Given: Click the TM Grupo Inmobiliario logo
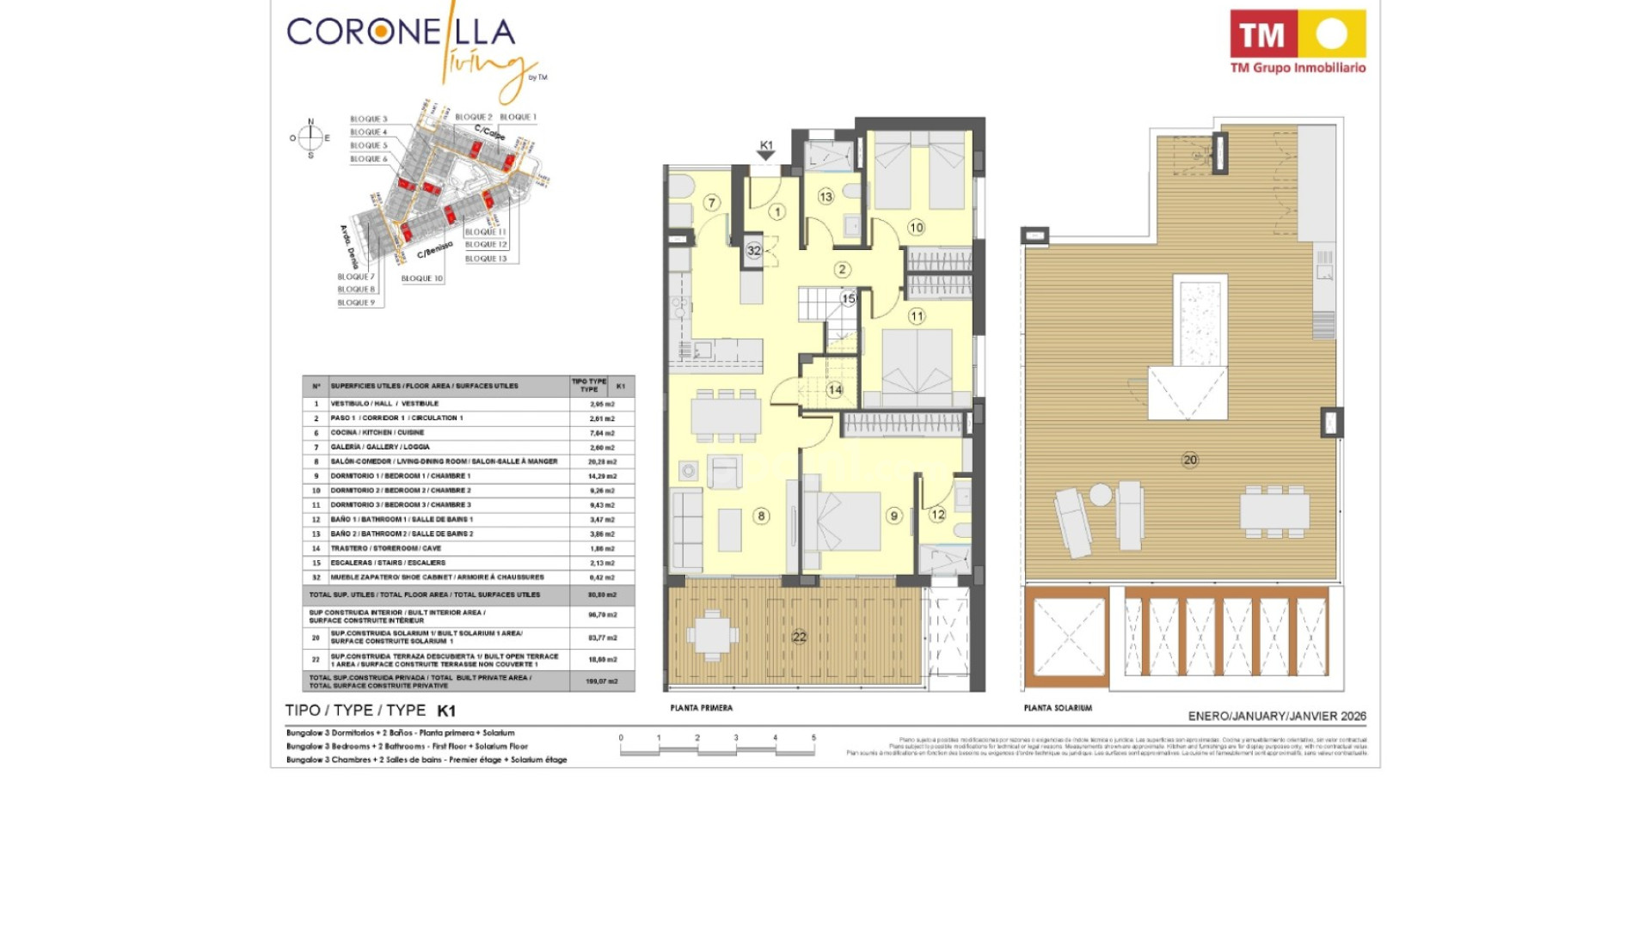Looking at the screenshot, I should click(1298, 41).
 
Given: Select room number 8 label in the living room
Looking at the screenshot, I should click(761, 516).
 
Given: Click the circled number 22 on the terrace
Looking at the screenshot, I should click(799, 637).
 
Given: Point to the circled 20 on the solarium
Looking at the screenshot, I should click(1190, 460).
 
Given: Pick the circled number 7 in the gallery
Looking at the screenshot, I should click(711, 203).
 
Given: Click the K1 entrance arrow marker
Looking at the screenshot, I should click(766, 151).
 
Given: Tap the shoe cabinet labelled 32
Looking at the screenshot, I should click(754, 251).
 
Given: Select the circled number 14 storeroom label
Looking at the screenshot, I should click(835, 389).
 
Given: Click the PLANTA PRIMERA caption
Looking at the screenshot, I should click(702, 708).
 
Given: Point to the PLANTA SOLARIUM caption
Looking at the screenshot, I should click(1058, 708).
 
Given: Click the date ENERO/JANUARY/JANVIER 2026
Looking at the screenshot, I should click(1277, 716).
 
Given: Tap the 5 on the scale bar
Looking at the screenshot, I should click(813, 738).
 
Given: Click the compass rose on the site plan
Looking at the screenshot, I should click(311, 137).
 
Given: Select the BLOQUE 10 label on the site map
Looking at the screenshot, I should click(421, 278).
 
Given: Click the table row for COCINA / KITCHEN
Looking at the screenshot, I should click(469, 433).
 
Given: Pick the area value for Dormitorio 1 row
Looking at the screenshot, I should click(602, 476).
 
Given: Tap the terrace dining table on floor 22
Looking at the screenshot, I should click(713, 636).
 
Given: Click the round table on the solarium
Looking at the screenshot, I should click(1101, 495).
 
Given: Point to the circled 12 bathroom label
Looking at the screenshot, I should click(937, 515).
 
